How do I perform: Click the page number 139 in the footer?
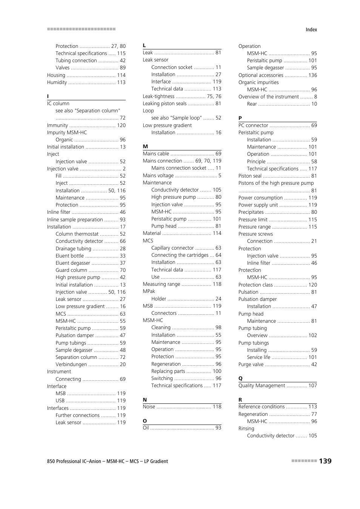click(325, 461)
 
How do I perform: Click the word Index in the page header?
click(311, 30)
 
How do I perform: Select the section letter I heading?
click(48, 96)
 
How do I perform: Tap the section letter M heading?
click(145, 146)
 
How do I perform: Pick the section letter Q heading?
click(240, 378)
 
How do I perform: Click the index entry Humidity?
click(57, 82)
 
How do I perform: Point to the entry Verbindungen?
click(71, 364)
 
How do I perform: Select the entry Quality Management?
click(262, 385)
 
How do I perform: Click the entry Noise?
click(149, 406)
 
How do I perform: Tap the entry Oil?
click(146, 428)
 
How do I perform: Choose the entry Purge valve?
click(251, 364)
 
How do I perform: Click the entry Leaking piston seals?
click(165, 103)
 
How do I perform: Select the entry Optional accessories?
click(260, 75)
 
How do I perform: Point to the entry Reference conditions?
click(261, 406)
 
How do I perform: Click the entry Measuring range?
click(161, 284)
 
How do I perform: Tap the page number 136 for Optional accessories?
click(312, 75)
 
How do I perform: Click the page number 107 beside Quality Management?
click(312, 385)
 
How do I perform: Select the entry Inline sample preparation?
click(75, 219)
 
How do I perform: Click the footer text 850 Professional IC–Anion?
click(74, 461)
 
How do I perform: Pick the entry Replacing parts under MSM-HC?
click(168, 371)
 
